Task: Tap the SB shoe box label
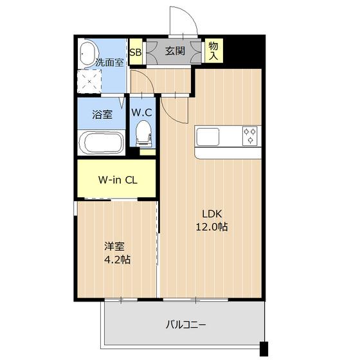coord(136,53)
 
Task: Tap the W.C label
coord(142,112)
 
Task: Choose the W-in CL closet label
coord(116,179)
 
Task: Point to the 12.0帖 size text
coord(213,227)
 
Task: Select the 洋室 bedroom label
coord(114,246)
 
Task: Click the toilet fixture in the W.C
coord(143,134)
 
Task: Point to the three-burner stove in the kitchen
coord(250,136)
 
